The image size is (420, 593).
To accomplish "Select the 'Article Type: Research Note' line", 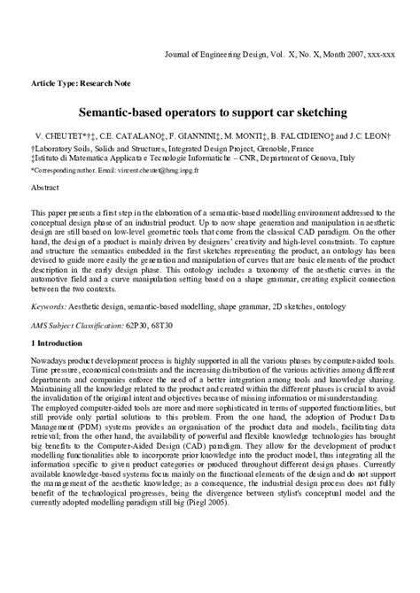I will (81, 83).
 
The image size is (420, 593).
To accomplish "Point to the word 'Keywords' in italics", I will (49, 307).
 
